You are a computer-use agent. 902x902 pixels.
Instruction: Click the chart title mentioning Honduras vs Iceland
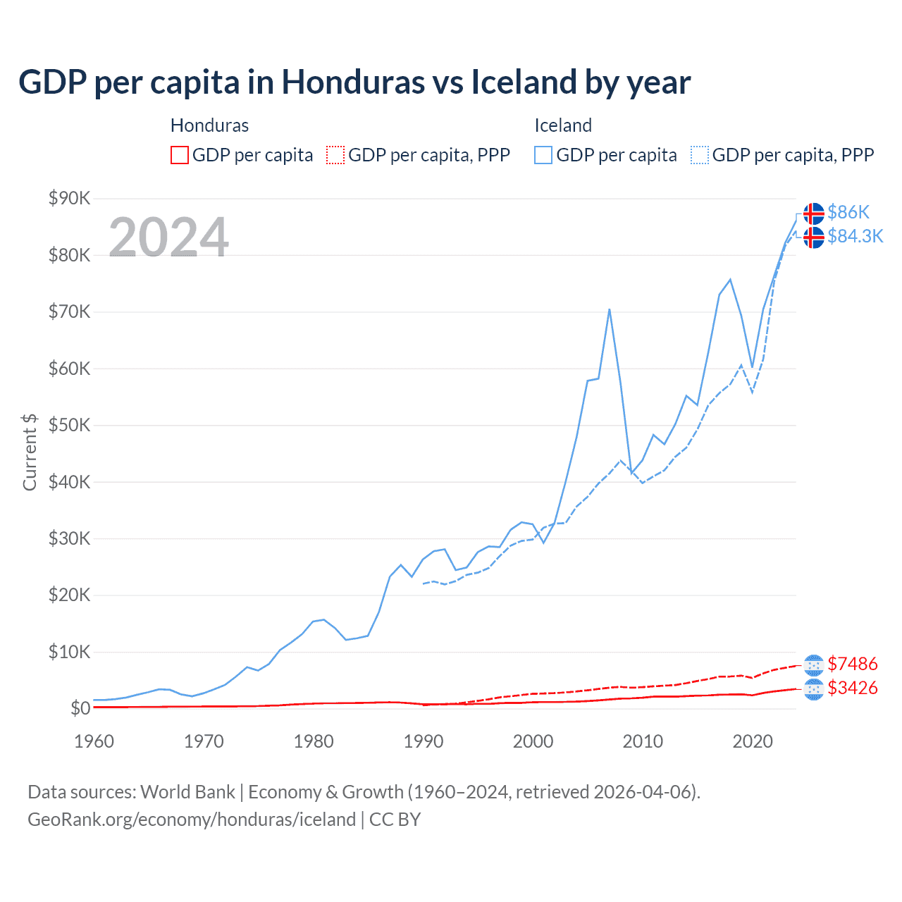click(x=354, y=82)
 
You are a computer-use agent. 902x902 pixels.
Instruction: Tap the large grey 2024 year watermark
click(x=168, y=237)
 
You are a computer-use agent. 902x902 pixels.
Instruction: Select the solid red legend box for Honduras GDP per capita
click(x=180, y=155)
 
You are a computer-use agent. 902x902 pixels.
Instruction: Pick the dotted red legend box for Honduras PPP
click(x=335, y=155)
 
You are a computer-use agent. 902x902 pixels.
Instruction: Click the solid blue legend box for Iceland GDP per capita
click(x=543, y=155)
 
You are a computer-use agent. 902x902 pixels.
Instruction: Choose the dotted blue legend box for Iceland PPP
click(x=700, y=155)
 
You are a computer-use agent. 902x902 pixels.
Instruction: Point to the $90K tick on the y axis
click(x=69, y=198)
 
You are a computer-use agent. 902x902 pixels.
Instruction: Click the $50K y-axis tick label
click(x=69, y=425)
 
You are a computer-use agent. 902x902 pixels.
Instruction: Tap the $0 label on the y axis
click(x=80, y=708)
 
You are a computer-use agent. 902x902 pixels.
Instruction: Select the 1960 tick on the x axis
click(x=94, y=741)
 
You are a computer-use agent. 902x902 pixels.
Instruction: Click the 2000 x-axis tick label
click(x=533, y=741)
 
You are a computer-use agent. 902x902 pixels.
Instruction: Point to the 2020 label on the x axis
click(x=753, y=741)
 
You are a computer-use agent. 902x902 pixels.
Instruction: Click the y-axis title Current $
click(x=30, y=452)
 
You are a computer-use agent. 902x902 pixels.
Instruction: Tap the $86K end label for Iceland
click(x=848, y=212)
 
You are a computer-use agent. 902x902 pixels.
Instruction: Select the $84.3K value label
click(x=855, y=236)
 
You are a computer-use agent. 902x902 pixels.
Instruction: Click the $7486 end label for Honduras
click(x=852, y=664)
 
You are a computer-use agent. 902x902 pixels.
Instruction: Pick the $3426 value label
click(x=852, y=688)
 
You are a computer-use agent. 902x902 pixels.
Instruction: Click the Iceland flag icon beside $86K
click(x=814, y=213)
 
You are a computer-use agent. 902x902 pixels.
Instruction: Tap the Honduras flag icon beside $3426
click(x=814, y=689)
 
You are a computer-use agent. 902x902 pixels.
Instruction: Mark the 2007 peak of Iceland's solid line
click(x=609, y=309)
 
